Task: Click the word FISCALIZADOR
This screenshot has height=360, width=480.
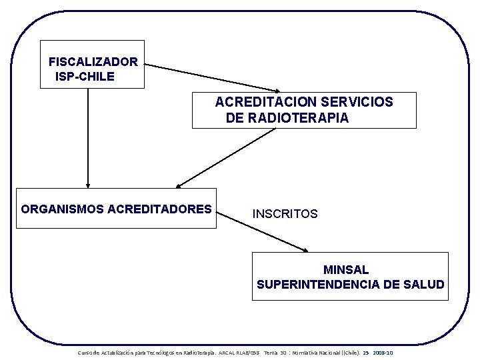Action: click(93, 62)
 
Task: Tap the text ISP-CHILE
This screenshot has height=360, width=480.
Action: click(85, 77)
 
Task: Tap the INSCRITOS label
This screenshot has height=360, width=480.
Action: click(285, 214)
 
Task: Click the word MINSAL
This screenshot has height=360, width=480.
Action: click(346, 270)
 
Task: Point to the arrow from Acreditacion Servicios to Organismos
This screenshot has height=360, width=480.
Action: click(227, 157)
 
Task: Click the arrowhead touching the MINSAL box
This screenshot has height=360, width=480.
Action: click(305, 250)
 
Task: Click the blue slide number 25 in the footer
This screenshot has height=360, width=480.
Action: click(366, 352)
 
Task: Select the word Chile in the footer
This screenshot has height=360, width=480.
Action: click(346, 352)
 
